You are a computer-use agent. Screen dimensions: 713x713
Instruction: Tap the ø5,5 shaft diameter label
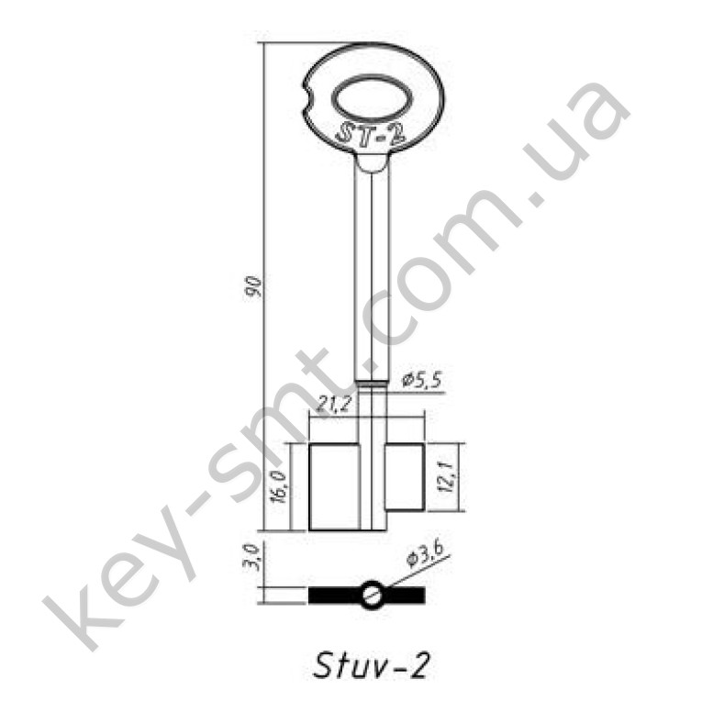coord(422,379)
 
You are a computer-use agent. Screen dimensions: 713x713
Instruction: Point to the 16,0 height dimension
coord(279,486)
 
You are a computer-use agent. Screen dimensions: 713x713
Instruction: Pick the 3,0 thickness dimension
coord(255,558)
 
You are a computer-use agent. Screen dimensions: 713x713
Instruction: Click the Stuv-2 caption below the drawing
coord(371,665)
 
